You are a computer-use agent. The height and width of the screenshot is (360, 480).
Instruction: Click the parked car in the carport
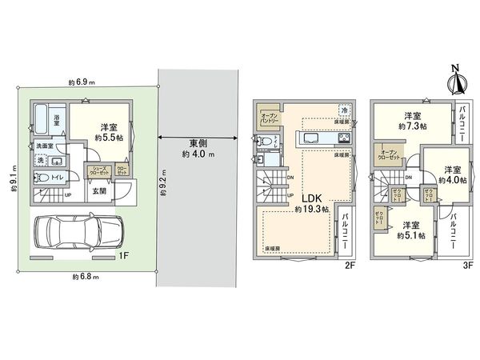(77, 234)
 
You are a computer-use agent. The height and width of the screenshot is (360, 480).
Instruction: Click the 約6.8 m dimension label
(84, 276)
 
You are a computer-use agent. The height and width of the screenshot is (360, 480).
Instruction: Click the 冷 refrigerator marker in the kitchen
(344, 110)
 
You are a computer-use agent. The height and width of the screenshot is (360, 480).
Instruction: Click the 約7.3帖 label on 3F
(412, 126)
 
